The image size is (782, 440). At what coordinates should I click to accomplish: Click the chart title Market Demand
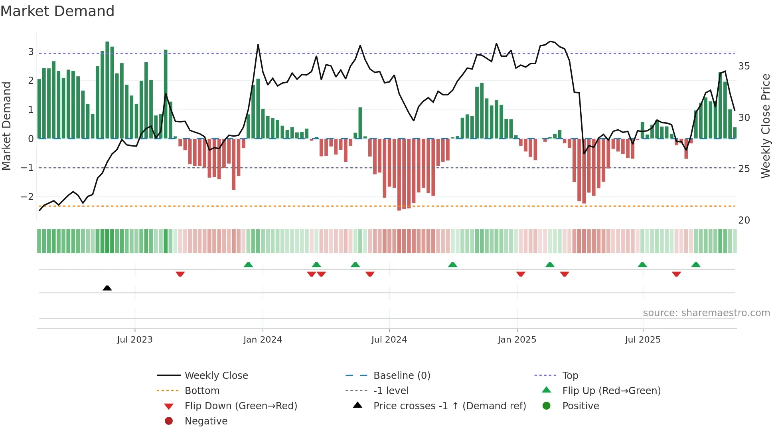tap(57, 11)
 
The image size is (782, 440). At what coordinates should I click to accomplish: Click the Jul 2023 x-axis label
tap(135, 340)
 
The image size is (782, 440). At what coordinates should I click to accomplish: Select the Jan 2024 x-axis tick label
tap(263, 340)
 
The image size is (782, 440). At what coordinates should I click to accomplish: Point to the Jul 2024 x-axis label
tap(389, 340)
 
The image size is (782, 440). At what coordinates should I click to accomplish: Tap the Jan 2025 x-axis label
tap(517, 340)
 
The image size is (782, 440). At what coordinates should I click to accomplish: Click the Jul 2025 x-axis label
tap(643, 340)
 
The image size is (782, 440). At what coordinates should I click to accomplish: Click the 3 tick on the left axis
tap(31, 52)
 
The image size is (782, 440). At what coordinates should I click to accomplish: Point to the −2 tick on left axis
tap(27, 197)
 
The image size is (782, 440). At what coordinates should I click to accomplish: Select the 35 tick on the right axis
tap(744, 66)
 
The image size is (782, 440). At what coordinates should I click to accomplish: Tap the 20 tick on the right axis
tap(744, 220)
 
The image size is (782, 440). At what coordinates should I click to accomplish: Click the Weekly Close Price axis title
tap(765, 126)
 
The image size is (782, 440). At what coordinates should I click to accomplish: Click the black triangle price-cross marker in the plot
tap(107, 288)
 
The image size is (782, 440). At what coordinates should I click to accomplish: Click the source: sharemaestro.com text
tap(706, 313)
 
